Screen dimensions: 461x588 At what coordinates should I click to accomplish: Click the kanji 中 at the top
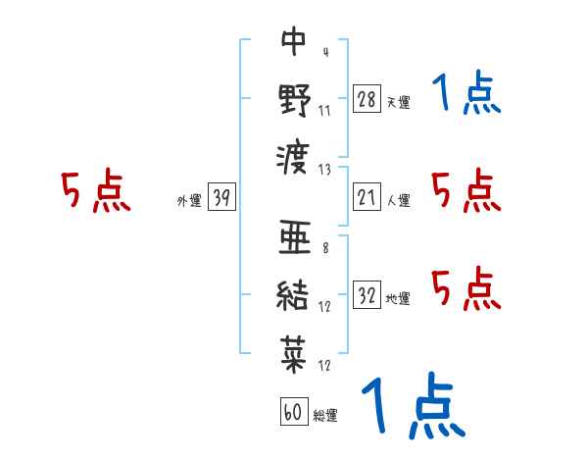[x=294, y=41]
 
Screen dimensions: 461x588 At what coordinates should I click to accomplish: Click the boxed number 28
[x=367, y=99]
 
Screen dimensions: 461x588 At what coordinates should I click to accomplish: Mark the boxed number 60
[x=292, y=413]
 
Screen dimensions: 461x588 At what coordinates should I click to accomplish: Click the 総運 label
[x=324, y=416]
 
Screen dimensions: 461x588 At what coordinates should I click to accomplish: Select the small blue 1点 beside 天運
[x=465, y=94]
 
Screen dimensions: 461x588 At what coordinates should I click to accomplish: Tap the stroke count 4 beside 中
[x=324, y=52]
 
